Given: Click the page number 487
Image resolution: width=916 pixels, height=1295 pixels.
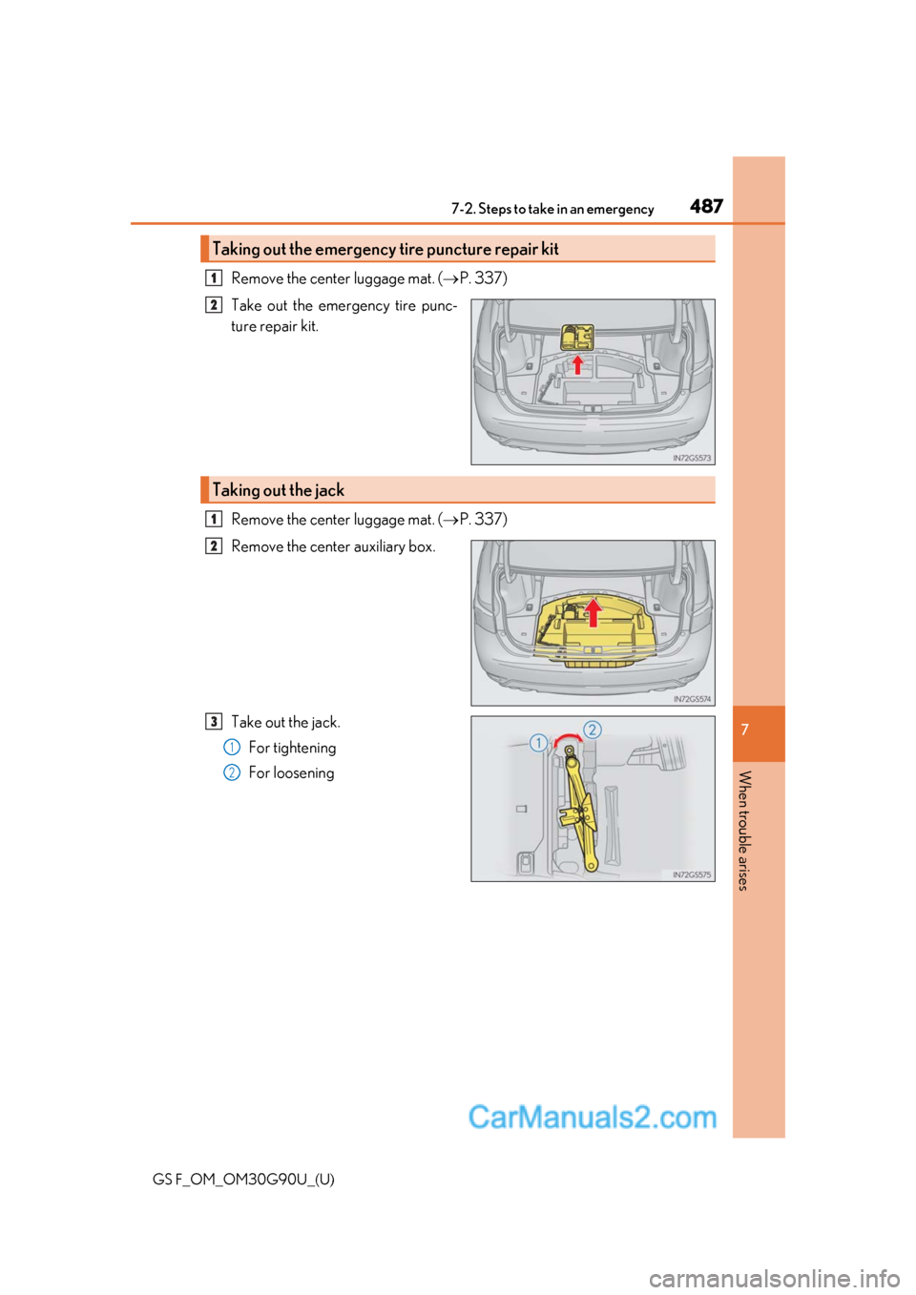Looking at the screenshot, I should (706, 206).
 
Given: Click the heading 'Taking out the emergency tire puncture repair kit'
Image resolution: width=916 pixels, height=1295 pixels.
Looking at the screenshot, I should (385, 249).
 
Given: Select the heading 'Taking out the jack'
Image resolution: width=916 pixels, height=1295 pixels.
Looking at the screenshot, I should (278, 490).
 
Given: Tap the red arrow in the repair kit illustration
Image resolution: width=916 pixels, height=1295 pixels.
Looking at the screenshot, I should (577, 364).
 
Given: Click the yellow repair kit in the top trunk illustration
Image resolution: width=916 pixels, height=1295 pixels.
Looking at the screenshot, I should (577, 338).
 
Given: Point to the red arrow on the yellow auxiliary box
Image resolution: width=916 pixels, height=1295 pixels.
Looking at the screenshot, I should (593, 612).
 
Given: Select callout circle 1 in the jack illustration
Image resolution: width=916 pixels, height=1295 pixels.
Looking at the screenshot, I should (538, 743).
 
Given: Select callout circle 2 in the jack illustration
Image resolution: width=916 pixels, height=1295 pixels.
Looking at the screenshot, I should (593, 730).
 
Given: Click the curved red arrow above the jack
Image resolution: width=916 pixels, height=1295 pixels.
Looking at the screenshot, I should (567, 739).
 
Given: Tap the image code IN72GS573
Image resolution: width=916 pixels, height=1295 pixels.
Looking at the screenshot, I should (692, 458).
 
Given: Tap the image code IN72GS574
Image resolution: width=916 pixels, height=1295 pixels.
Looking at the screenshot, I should (692, 699).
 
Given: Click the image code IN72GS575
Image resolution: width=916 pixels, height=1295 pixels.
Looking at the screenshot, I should (692, 874).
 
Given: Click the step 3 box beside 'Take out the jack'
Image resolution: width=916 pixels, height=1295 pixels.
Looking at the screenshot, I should (214, 722).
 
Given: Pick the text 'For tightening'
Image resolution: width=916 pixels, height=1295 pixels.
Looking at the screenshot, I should (292, 748).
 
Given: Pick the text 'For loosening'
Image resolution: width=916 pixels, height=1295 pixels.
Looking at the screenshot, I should (291, 772).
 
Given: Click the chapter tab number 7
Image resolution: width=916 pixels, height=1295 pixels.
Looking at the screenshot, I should (745, 730).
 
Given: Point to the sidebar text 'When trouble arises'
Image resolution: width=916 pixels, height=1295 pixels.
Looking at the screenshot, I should (745, 830).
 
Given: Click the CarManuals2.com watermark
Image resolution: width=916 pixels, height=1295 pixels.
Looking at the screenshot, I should (592, 1117).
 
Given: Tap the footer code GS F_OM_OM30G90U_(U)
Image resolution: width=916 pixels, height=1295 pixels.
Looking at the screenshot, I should (243, 1179).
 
